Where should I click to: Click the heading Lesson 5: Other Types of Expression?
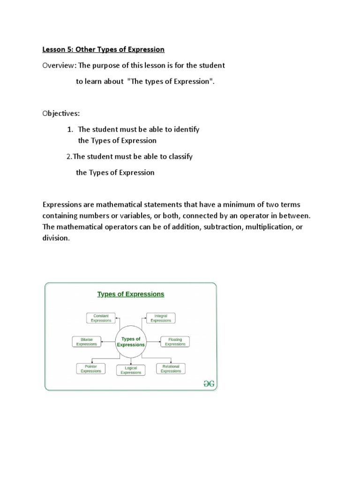coord(104,49)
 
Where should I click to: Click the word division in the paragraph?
coord(55,238)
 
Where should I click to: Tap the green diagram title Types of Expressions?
coord(130,294)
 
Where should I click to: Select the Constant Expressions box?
coord(100,318)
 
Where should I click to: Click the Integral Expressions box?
coord(160,318)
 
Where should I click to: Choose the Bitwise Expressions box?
coord(86,342)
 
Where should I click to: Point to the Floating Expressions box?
coord(175,342)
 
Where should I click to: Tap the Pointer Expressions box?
coord(90,368)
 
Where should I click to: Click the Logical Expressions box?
coord(130,370)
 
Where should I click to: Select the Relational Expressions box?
coord(171,368)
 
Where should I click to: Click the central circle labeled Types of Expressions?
coord(131,342)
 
